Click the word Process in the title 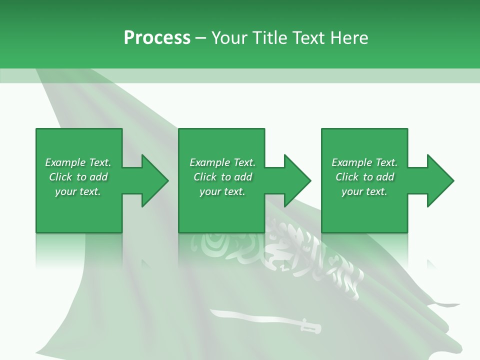point(157,38)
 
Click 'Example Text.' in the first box point(78,162)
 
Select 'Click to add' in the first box point(78,177)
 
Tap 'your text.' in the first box point(78,191)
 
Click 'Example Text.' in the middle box point(222,162)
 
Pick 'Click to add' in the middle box point(222,177)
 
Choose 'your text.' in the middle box point(222,191)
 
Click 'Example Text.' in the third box point(364,162)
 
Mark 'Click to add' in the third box point(364,177)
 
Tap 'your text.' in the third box point(364,191)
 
